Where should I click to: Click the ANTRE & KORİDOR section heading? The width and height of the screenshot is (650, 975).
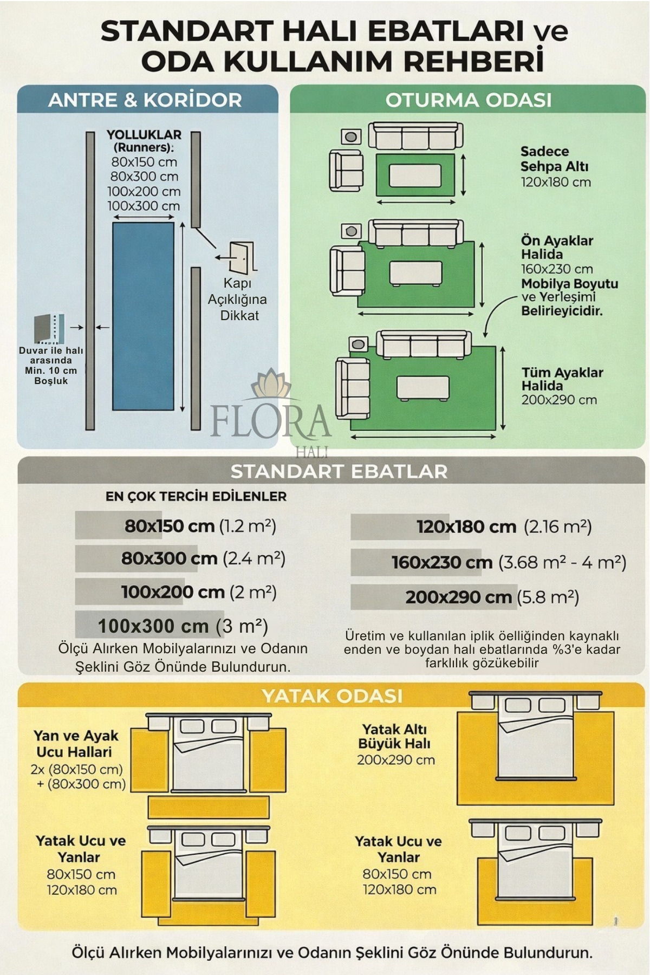click(145, 100)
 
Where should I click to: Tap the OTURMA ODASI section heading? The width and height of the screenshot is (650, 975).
click(468, 100)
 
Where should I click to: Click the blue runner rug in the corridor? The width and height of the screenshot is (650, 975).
click(143, 316)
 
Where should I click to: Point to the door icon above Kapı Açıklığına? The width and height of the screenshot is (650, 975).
click(241, 257)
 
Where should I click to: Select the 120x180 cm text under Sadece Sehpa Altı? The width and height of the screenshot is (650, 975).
click(555, 182)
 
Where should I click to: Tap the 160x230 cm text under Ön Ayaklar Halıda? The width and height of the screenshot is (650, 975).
click(556, 269)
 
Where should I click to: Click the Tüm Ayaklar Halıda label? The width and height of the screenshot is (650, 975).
click(562, 379)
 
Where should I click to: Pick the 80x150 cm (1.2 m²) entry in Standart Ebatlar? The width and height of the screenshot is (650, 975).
click(200, 525)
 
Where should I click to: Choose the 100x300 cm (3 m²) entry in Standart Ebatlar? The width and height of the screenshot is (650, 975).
click(183, 626)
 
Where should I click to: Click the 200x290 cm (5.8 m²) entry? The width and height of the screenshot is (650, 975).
click(492, 597)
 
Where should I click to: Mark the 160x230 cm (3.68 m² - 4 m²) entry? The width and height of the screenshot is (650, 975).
click(509, 562)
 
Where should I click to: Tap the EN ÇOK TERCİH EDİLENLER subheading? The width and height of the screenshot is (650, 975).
click(196, 496)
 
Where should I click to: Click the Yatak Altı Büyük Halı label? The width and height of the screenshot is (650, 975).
click(394, 736)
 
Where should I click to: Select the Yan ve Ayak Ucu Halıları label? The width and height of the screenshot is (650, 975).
click(75, 744)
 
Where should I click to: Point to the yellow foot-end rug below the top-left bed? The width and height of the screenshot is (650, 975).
click(209, 807)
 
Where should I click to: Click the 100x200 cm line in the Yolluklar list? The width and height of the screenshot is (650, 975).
click(144, 191)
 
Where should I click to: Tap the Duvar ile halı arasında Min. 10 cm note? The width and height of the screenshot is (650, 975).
click(51, 366)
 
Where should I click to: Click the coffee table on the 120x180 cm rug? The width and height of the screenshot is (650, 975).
click(415, 175)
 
